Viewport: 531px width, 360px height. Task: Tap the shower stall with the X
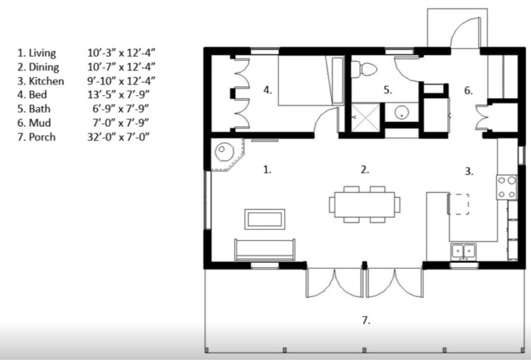coord(366,117)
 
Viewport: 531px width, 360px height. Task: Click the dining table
coord(365,205)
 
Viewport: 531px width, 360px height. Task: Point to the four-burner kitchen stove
coord(507,187)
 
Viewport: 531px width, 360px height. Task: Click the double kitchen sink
coord(463,251)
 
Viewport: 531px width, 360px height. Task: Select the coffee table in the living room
coord(265,219)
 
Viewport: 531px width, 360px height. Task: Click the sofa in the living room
coord(265,250)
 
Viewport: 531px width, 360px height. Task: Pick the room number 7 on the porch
coord(366,320)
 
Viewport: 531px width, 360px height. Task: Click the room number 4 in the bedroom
coord(267,90)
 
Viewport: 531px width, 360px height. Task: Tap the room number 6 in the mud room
coord(468,90)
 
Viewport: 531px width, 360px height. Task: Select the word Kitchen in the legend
coord(46,81)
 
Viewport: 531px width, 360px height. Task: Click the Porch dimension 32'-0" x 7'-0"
coord(118,136)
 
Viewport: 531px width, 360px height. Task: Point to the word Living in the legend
coord(42,53)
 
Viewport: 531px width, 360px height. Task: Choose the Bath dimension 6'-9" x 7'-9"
coord(120,108)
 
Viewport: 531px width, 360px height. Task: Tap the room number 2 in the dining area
coord(365,170)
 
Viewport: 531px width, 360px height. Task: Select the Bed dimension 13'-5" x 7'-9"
coord(118,95)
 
